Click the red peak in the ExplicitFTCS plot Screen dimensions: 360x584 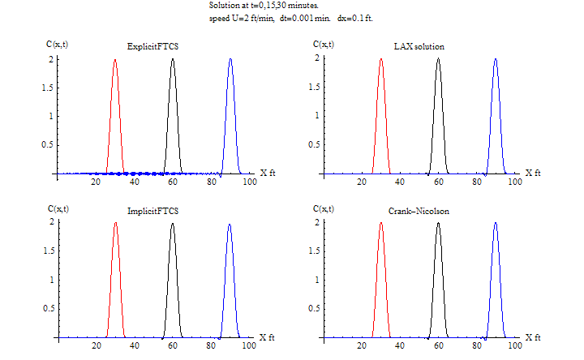click(x=114, y=62)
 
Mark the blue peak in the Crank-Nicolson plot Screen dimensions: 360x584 click(x=496, y=225)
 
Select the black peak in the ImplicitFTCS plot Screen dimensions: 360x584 click(x=172, y=225)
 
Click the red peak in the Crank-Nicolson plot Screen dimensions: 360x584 click(x=380, y=225)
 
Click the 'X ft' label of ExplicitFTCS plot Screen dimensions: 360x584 click(x=268, y=173)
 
